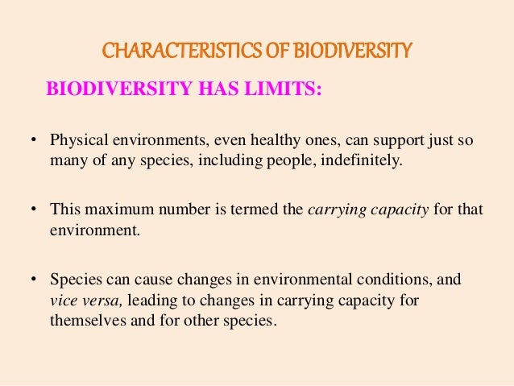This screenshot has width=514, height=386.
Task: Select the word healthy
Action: click(x=247, y=141)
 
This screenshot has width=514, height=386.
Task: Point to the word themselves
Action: click(x=85, y=319)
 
